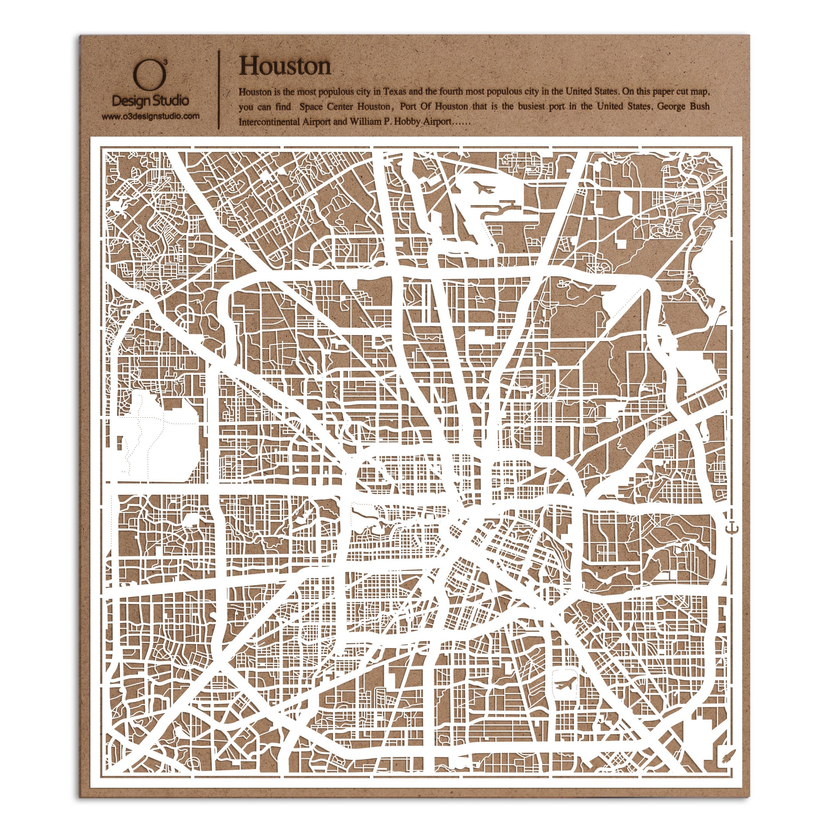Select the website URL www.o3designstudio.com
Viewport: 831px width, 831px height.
pyautogui.click(x=150, y=116)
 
